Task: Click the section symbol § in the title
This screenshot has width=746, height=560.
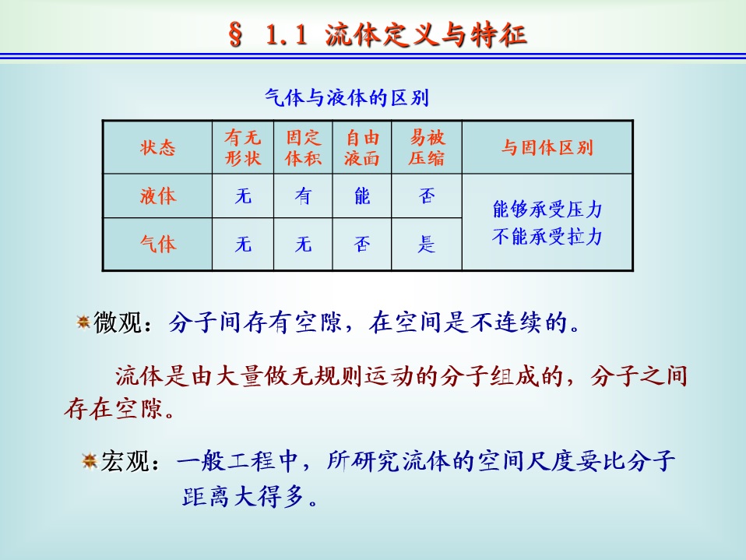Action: tap(235, 35)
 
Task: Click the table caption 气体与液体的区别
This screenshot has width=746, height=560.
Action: tap(347, 97)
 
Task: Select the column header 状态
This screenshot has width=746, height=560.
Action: tap(157, 147)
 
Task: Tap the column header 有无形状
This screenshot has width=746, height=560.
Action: tap(243, 147)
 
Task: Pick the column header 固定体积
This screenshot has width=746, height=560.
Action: tap(303, 147)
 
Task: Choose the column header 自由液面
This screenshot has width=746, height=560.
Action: tap(362, 147)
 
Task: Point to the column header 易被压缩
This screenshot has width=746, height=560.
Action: tap(427, 147)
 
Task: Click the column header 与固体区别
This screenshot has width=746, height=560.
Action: tap(547, 147)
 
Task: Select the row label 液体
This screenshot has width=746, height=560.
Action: tap(158, 196)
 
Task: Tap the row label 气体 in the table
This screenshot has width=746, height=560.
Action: tap(158, 244)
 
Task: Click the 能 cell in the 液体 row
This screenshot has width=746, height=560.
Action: tap(362, 195)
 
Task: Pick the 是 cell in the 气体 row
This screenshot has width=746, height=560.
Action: tap(426, 244)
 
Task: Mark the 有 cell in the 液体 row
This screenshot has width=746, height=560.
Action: tap(303, 195)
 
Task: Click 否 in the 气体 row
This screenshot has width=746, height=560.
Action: tap(362, 244)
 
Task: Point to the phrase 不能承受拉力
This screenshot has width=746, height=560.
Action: tap(547, 237)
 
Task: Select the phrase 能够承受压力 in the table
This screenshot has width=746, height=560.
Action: tap(547, 210)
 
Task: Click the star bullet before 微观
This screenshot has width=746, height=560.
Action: tap(83, 322)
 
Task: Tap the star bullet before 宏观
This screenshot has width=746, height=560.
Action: tap(90, 460)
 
